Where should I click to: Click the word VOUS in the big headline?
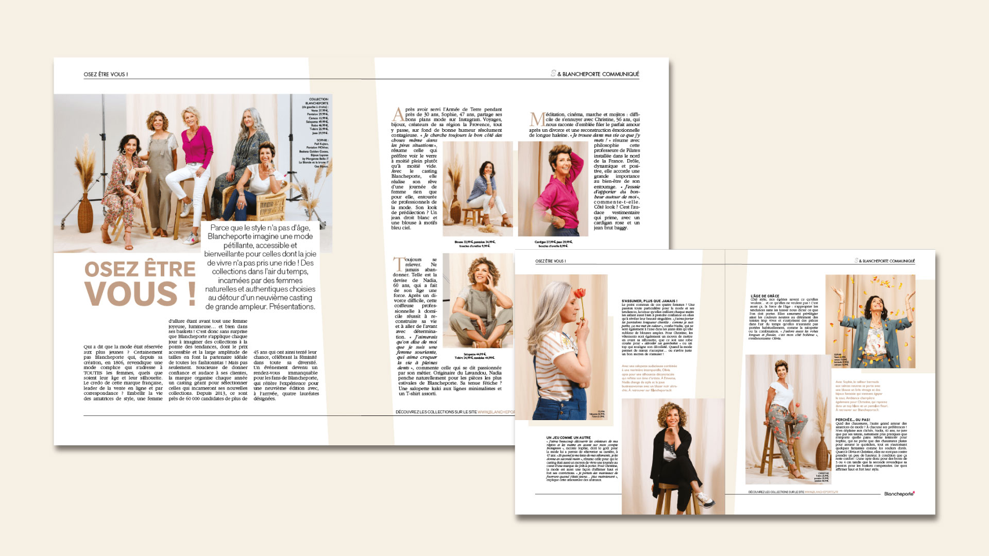(x=131, y=294)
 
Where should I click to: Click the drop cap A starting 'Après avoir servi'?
(x=398, y=114)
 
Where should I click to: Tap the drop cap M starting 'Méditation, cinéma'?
(x=537, y=119)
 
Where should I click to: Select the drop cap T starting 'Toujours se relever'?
(x=399, y=264)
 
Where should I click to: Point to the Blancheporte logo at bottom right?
(x=899, y=494)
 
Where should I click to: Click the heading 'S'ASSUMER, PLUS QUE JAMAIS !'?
(x=650, y=301)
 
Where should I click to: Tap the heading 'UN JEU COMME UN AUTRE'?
(x=568, y=438)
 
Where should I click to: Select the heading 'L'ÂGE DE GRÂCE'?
(x=765, y=296)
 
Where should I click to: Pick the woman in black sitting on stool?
(x=672, y=453)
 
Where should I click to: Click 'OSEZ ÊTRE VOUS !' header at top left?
(x=106, y=74)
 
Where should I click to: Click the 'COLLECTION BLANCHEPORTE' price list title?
(x=318, y=101)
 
